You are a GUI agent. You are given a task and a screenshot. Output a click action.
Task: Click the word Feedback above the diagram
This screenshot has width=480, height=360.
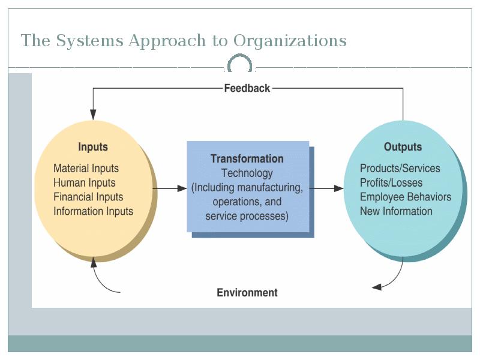click(x=247, y=88)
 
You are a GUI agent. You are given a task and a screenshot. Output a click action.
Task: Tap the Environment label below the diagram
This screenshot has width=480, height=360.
click(x=247, y=292)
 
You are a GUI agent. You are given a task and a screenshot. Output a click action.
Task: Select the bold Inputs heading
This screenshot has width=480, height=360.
click(x=93, y=147)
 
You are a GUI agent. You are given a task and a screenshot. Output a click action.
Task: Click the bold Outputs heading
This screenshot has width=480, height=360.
click(x=403, y=146)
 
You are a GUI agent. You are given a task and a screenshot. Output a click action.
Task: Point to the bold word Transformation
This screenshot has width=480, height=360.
click(x=247, y=158)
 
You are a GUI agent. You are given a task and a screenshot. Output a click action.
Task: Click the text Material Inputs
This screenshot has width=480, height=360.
click(x=86, y=169)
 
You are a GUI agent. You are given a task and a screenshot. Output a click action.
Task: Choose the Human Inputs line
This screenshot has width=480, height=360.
click(x=85, y=183)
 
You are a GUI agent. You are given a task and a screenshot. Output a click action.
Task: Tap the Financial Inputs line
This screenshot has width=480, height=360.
click(x=88, y=197)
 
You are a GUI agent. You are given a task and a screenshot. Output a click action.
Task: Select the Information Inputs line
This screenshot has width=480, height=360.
click(x=94, y=211)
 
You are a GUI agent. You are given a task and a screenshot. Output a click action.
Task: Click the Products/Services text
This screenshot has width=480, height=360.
click(x=400, y=169)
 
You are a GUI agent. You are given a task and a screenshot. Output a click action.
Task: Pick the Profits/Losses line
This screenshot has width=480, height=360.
click(x=391, y=183)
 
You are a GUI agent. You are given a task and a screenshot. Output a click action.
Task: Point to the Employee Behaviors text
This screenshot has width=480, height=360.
click(x=406, y=197)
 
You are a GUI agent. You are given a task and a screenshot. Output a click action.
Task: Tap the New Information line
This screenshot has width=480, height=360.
click(x=396, y=211)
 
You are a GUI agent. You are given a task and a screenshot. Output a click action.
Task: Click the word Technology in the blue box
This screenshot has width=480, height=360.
click(x=247, y=173)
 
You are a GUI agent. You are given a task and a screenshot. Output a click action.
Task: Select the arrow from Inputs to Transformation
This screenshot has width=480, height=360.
click(x=170, y=188)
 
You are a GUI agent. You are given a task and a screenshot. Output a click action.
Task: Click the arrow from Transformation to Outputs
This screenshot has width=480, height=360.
click(x=326, y=188)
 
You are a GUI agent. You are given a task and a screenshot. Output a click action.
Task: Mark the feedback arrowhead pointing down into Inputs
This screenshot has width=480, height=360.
click(x=93, y=115)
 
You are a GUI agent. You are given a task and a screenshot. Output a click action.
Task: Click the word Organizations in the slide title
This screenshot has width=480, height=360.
click(x=290, y=41)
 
